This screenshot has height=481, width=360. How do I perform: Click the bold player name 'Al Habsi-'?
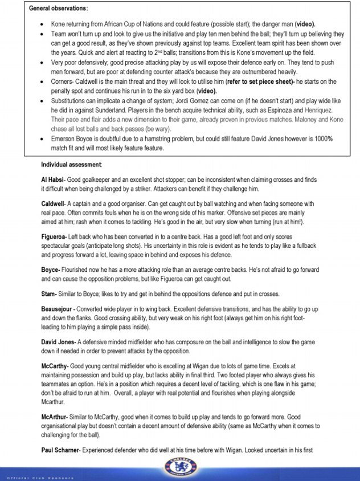54,180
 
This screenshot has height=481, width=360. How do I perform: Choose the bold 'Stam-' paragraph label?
50,294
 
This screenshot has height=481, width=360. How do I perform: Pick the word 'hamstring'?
162,138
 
